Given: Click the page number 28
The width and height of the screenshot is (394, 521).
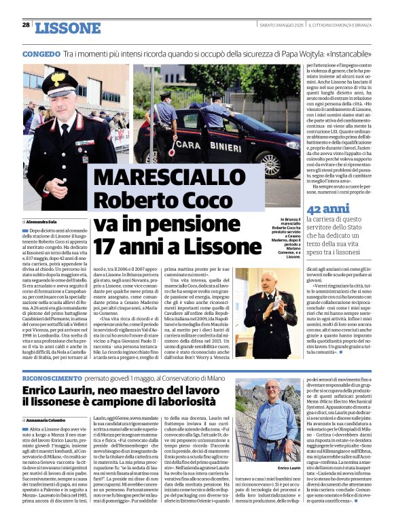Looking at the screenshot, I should click(x=26, y=24).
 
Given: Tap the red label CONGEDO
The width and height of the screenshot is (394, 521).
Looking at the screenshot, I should click(x=41, y=52).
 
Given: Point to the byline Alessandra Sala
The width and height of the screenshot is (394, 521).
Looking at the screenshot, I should click(x=52, y=222).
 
